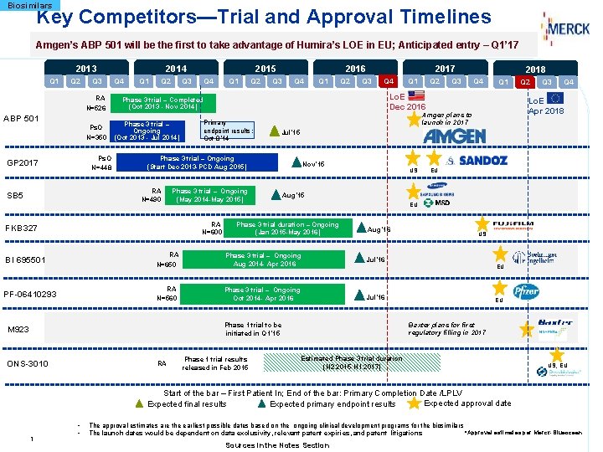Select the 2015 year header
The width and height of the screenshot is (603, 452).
pos(265,69)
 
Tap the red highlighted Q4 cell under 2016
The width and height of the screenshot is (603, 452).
pos(387,81)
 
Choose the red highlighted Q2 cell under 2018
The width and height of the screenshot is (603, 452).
pos(525,82)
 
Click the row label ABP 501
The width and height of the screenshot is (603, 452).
pos(23,118)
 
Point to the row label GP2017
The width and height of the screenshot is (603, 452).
pos(22,162)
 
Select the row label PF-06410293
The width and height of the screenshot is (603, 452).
pos(31,294)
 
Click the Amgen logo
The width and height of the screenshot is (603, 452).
pos(454,136)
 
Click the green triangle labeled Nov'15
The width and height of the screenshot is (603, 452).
pos(296,163)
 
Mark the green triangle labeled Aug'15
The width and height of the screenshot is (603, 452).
pos(276,195)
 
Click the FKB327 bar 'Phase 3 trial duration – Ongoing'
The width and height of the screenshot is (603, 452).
pos(287,228)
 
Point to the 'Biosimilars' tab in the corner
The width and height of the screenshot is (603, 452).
pos(28,5)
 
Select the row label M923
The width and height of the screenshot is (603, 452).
pos(18,329)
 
